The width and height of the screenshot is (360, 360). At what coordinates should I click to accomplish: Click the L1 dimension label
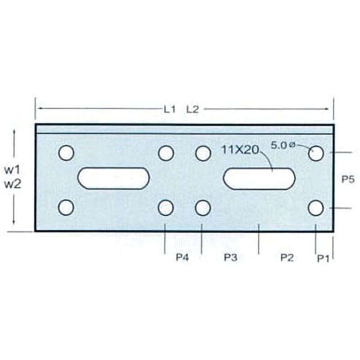pos(169,109)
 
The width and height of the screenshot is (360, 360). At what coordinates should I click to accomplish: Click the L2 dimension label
pos(192,109)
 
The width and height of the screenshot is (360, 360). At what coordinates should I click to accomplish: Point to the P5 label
pos(348,179)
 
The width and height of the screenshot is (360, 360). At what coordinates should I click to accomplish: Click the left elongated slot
pos(113,178)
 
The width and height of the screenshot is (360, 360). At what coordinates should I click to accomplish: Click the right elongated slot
pos(259,179)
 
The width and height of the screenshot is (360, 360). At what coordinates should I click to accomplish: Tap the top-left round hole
pos(66,153)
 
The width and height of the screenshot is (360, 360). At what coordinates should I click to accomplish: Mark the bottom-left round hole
pos(66,207)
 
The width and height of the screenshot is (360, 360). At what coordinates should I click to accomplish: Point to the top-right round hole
pos(316,153)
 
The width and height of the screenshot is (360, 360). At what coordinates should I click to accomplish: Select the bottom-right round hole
pos(316,208)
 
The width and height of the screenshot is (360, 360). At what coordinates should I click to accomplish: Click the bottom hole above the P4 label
pos(166,207)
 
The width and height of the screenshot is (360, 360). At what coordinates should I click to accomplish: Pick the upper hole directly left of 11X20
pos(203,153)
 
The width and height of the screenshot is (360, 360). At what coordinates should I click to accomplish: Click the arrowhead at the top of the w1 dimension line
pos(14,131)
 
